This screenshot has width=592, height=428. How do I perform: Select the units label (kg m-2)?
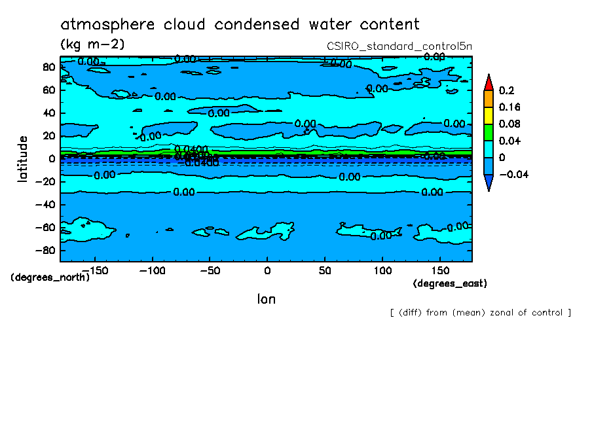click(x=92, y=44)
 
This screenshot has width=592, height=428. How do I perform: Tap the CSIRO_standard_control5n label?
click(x=399, y=46)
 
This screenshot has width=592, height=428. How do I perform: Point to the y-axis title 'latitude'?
click(x=23, y=159)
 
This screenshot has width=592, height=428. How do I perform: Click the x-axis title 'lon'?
click(x=266, y=299)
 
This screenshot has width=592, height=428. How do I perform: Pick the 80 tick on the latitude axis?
click(x=48, y=67)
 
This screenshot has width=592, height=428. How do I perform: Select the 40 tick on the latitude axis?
click(x=48, y=113)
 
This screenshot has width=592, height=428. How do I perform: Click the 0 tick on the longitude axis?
click(x=267, y=270)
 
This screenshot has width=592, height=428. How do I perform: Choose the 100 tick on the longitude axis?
click(x=382, y=270)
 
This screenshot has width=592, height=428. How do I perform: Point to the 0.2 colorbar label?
click(x=506, y=90)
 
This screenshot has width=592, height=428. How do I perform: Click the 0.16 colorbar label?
click(x=509, y=107)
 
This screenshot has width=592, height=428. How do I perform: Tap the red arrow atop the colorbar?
click(x=488, y=82)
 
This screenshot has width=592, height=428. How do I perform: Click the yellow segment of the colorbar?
click(x=488, y=115)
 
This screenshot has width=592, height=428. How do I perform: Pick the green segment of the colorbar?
click(x=488, y=132)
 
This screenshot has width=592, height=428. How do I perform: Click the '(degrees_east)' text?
click(x=450, y=283)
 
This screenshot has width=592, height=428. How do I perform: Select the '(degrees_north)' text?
click(x=50, y=277)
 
